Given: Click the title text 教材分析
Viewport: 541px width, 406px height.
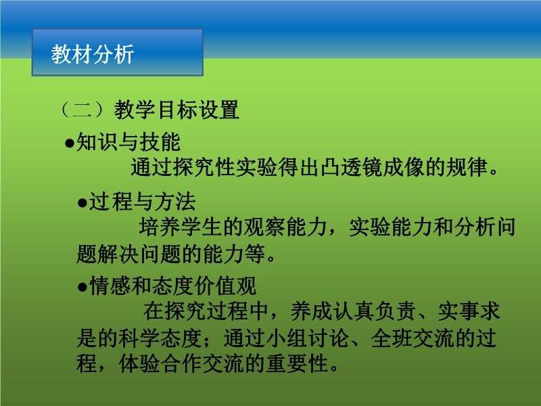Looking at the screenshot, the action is (93, 54).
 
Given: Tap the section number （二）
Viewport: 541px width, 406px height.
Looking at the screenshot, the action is (82, 110).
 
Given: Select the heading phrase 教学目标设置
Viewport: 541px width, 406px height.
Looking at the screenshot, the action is (177, 110).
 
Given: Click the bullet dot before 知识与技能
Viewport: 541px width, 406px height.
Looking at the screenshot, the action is (70, 143).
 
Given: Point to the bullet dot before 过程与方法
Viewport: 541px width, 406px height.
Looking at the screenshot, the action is (82, 202).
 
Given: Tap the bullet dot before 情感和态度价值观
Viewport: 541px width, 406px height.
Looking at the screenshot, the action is (82, 286).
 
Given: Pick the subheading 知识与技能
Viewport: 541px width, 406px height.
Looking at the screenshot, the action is (128, 142).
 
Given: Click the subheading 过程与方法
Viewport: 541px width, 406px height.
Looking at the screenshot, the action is (142, 201).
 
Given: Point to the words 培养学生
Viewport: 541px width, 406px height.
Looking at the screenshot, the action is (181, 227).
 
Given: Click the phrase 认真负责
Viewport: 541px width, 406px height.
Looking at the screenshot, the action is (374, 311).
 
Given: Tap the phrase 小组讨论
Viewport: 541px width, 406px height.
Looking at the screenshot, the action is (307, 338).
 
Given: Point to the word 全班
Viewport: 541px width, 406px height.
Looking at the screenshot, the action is (392, 338).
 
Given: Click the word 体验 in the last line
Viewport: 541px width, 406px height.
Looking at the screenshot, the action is (139, 363).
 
